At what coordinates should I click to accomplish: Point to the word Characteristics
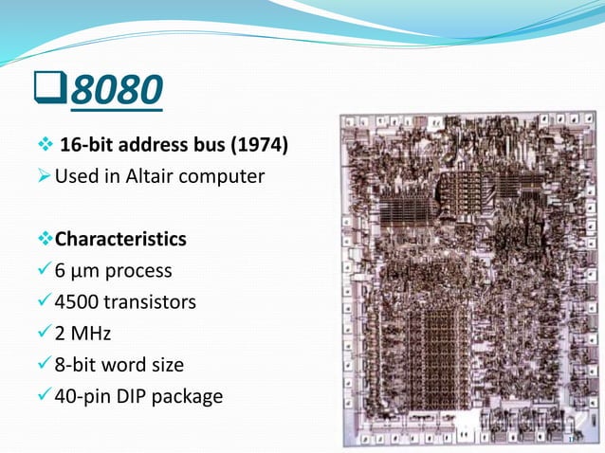(x=120, y=238)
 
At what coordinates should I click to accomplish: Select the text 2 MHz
(x=82, y=333)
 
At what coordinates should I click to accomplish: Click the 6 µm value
(x=73, y=270)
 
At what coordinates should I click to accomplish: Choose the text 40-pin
(x=81, y=395)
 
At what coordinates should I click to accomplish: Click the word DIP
(x=133, y=395)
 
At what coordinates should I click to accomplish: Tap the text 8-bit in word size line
(x=76, y=364)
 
